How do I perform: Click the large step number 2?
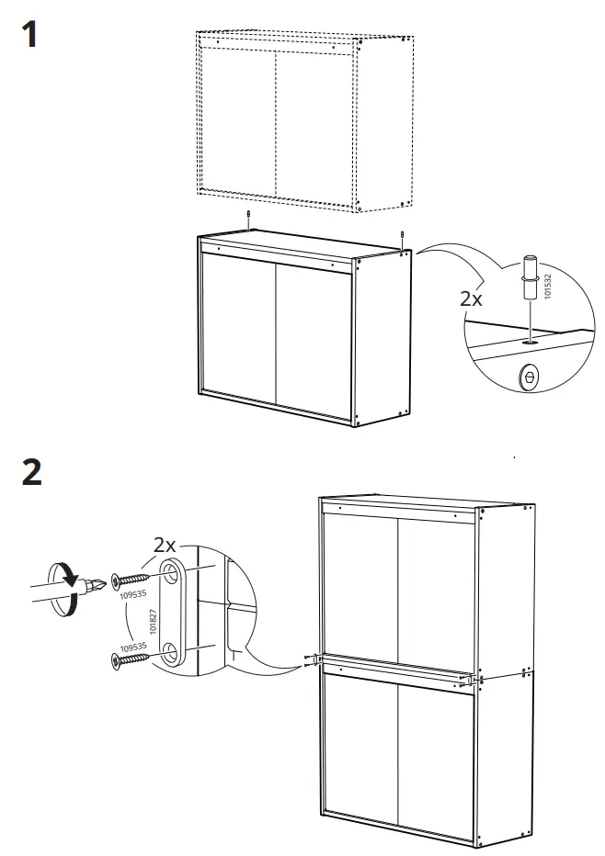[x=30, y=471]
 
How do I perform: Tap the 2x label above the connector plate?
[x=166, y=546]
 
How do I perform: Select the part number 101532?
[x=548, y=286]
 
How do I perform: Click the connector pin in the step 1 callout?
[x=531, y=279]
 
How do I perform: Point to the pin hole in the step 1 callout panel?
[x=531, y=339]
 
